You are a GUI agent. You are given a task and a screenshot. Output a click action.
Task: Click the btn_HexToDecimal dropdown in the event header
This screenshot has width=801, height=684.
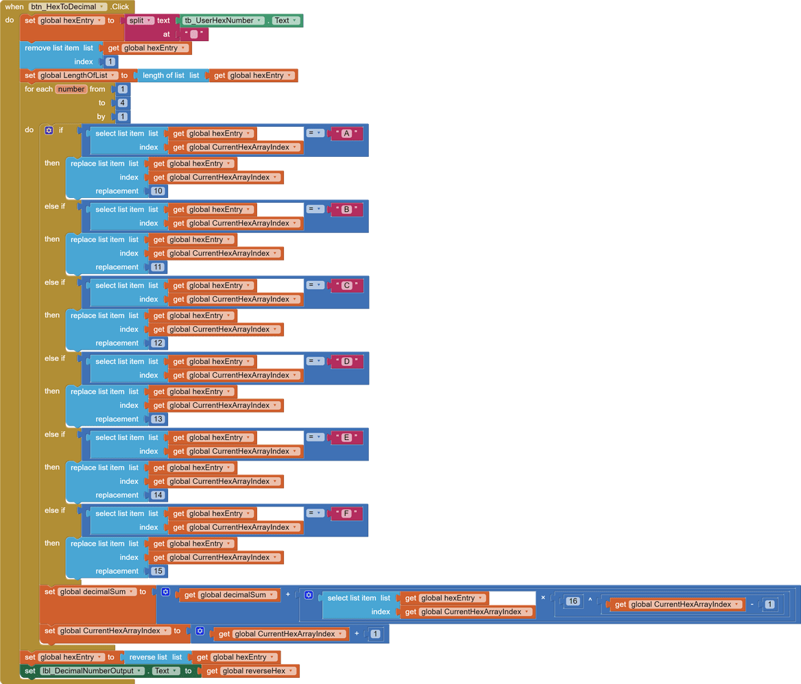68,7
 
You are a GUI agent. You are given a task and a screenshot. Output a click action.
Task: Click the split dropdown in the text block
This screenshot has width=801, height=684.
141,21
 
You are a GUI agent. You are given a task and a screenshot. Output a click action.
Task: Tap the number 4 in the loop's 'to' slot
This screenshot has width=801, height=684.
122,103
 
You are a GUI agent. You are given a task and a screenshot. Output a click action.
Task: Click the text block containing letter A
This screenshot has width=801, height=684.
346,134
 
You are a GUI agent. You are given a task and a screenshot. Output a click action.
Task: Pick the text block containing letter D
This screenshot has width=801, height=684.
346,362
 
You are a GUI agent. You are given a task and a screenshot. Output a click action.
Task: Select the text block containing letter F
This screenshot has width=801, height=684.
346,514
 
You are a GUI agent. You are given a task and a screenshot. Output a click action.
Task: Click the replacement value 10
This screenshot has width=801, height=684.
158,191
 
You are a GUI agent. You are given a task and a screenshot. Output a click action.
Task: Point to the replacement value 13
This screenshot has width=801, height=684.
158,419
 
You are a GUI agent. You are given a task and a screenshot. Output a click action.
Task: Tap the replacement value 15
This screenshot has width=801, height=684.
158,572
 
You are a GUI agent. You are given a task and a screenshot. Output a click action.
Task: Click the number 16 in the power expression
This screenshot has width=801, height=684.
573,602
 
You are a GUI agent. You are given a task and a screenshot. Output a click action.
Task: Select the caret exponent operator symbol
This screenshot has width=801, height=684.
590,601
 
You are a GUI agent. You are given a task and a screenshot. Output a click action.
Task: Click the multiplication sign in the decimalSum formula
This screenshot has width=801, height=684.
543,598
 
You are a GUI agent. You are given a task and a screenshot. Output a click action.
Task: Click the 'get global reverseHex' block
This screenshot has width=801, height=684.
250,671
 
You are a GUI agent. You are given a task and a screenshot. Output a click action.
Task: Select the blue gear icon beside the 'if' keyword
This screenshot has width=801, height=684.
49,130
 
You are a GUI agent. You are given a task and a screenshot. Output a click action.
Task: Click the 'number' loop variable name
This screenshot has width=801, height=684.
71,89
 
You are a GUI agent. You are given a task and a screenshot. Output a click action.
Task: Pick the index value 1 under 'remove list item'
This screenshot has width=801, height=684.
110,62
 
